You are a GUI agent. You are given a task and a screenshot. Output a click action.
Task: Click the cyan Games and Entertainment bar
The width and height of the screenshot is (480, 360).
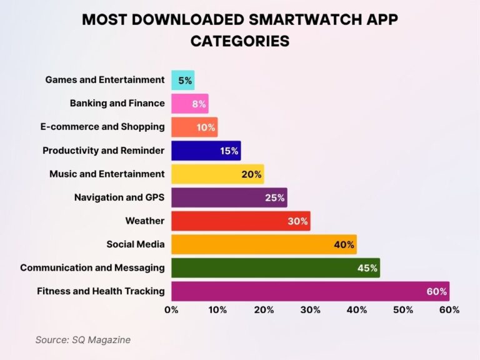tap(182, 80)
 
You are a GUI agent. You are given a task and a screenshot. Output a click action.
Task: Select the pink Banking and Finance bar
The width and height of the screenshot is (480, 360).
tap(189, 104)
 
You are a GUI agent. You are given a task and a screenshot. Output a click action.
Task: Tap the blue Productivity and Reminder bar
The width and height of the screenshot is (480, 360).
tap(206, 151)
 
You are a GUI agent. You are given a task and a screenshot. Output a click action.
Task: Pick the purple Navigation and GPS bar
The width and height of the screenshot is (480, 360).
tap(229, 197)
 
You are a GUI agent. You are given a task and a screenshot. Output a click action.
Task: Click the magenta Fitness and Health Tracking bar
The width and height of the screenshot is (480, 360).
tap(310, 291)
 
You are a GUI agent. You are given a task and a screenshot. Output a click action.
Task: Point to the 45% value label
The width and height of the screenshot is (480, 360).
tap(367, 268)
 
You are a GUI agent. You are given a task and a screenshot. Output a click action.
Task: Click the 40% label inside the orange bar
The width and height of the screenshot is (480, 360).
tap(344, 244)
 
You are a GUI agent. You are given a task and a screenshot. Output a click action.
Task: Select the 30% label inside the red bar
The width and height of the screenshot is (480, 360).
tap(298, 221)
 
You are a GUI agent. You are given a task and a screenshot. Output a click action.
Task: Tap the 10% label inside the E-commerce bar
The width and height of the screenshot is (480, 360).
tap(206, 127)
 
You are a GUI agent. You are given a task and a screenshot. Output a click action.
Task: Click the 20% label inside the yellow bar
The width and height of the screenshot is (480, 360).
tap(251, 174)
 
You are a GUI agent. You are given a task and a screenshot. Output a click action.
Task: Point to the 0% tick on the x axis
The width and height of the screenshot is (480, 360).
tap(171, 309)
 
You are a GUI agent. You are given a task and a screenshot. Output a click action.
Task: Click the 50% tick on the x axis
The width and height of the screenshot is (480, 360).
tap(403, 309)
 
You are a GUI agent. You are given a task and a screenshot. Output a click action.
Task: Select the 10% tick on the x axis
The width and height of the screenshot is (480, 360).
tap(217, 309)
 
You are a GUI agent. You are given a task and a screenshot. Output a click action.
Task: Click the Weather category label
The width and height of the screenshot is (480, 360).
tap(144, 221)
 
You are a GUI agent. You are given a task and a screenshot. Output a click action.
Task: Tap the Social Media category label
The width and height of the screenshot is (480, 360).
tap(135, 244)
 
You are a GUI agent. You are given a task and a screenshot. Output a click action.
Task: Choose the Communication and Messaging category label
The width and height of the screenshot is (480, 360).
tap(92, 267)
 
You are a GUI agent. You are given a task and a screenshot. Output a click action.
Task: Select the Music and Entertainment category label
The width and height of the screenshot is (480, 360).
tap(107, 174)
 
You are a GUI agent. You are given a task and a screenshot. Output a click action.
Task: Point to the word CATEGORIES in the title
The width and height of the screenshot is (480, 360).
tap(240, 41)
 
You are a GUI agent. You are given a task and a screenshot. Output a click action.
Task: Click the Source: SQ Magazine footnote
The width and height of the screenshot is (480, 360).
tap(82, 339)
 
